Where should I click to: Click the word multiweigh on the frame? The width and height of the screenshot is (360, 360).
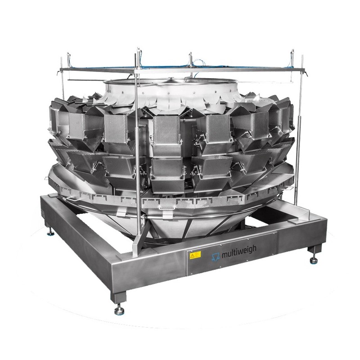click(239, 250)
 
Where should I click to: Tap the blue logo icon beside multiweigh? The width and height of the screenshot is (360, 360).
click(216, 256)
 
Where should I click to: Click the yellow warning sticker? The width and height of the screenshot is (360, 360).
click(195, 255)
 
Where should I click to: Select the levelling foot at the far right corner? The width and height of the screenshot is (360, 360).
click(313, 260)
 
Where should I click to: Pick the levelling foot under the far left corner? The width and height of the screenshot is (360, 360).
click(50, 233)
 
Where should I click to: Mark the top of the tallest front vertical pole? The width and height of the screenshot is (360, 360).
click(138, 49)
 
